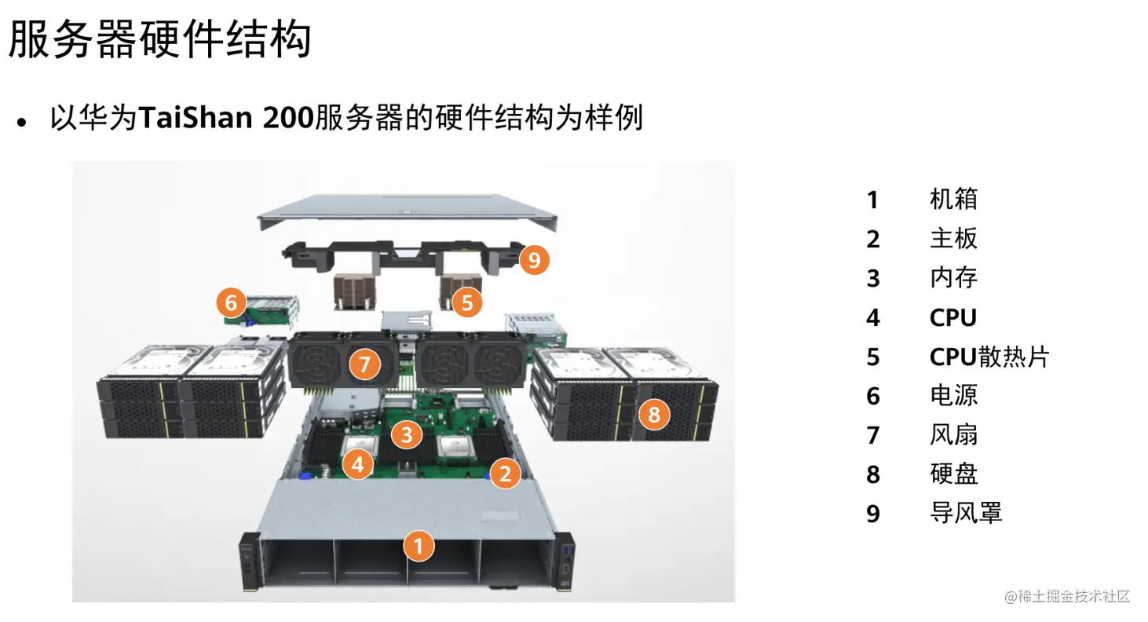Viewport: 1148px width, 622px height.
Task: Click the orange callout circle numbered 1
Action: [x=419, y=546]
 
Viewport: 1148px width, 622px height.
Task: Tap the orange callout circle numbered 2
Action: [x=506, y=474]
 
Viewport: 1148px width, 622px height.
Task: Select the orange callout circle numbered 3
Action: [x=407, y=434]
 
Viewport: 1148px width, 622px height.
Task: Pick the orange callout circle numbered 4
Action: [x=358, y=464]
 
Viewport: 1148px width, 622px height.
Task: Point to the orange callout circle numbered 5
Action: [x=467, y=302]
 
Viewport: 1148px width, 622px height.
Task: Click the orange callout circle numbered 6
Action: [x=231, y=302]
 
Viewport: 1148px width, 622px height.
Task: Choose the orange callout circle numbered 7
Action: [x=365, y=364]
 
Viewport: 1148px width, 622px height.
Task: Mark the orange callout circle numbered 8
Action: [x=654, y=415]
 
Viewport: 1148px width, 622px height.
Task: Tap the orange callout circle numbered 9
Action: [x=534, y=259]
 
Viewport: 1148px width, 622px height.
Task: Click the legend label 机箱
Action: [x=954, y=199]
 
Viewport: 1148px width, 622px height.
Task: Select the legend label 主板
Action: [x=954, y=239]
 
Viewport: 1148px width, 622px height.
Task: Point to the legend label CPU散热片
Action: [x=989, y=357]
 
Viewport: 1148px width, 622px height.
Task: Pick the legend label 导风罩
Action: [x=966, y=513]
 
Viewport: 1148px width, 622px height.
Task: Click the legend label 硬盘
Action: [x=954, y=474]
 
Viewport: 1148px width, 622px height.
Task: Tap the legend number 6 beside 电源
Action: [x=873, y=397]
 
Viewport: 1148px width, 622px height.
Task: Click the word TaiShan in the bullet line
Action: [x=196, y=118]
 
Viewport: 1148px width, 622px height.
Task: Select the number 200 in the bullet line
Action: [x=288, y=118]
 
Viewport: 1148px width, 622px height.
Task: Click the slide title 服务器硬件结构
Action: [x=160, y=39]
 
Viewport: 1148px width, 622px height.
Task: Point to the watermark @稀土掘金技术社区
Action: [x=1067, y=596]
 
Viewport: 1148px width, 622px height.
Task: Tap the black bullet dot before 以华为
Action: [x=21, y=122]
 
